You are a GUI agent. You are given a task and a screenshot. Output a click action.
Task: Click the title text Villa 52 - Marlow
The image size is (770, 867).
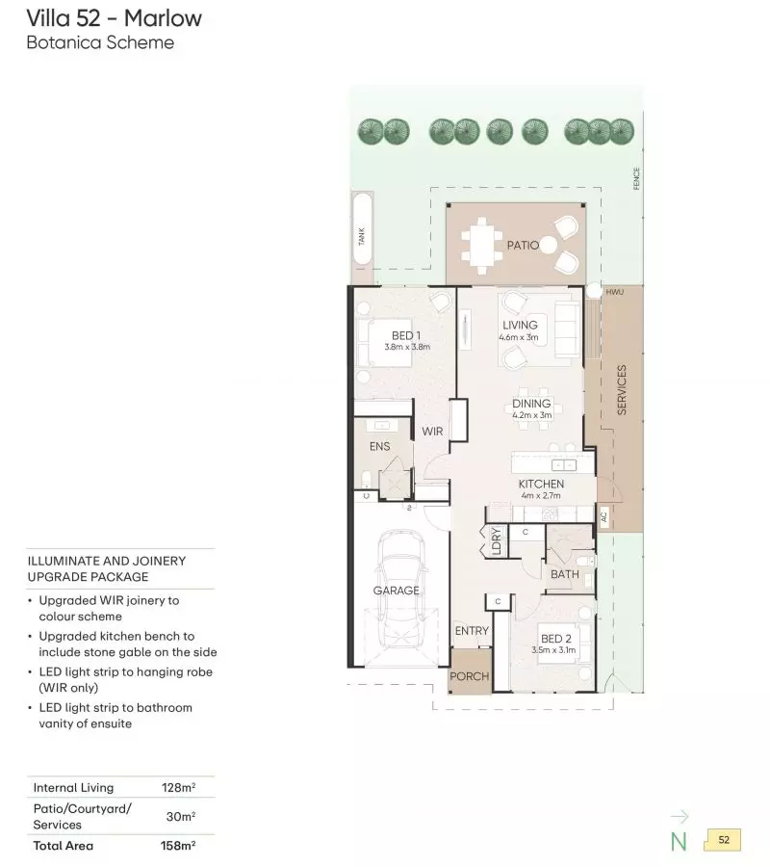point(115,18)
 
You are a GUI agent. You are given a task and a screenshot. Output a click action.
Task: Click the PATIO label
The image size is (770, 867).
point(523,246)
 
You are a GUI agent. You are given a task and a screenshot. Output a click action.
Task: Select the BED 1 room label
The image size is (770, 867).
point(406,335)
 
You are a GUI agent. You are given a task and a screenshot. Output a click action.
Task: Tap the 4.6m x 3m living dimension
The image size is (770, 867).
point(519,337)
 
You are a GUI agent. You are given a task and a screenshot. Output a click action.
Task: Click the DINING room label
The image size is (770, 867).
point(531,404)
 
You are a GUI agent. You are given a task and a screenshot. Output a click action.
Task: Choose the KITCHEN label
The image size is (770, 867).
point(541,484)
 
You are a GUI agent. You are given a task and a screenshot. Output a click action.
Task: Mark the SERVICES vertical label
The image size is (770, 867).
point(622,390)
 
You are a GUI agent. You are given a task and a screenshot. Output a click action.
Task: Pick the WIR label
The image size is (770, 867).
point(432,432)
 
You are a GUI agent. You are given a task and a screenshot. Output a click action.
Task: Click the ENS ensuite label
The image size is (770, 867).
point(378,446)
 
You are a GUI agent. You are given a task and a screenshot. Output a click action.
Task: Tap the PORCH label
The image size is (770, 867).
point(470,676)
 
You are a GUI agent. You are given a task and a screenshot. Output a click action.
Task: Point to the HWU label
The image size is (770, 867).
point(614,291)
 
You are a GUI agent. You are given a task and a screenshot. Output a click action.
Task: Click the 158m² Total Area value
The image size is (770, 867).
point(178,846)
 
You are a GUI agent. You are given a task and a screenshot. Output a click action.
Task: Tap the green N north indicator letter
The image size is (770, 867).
point(679,841)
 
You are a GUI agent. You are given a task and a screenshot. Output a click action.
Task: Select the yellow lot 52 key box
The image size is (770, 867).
point(723,840)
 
